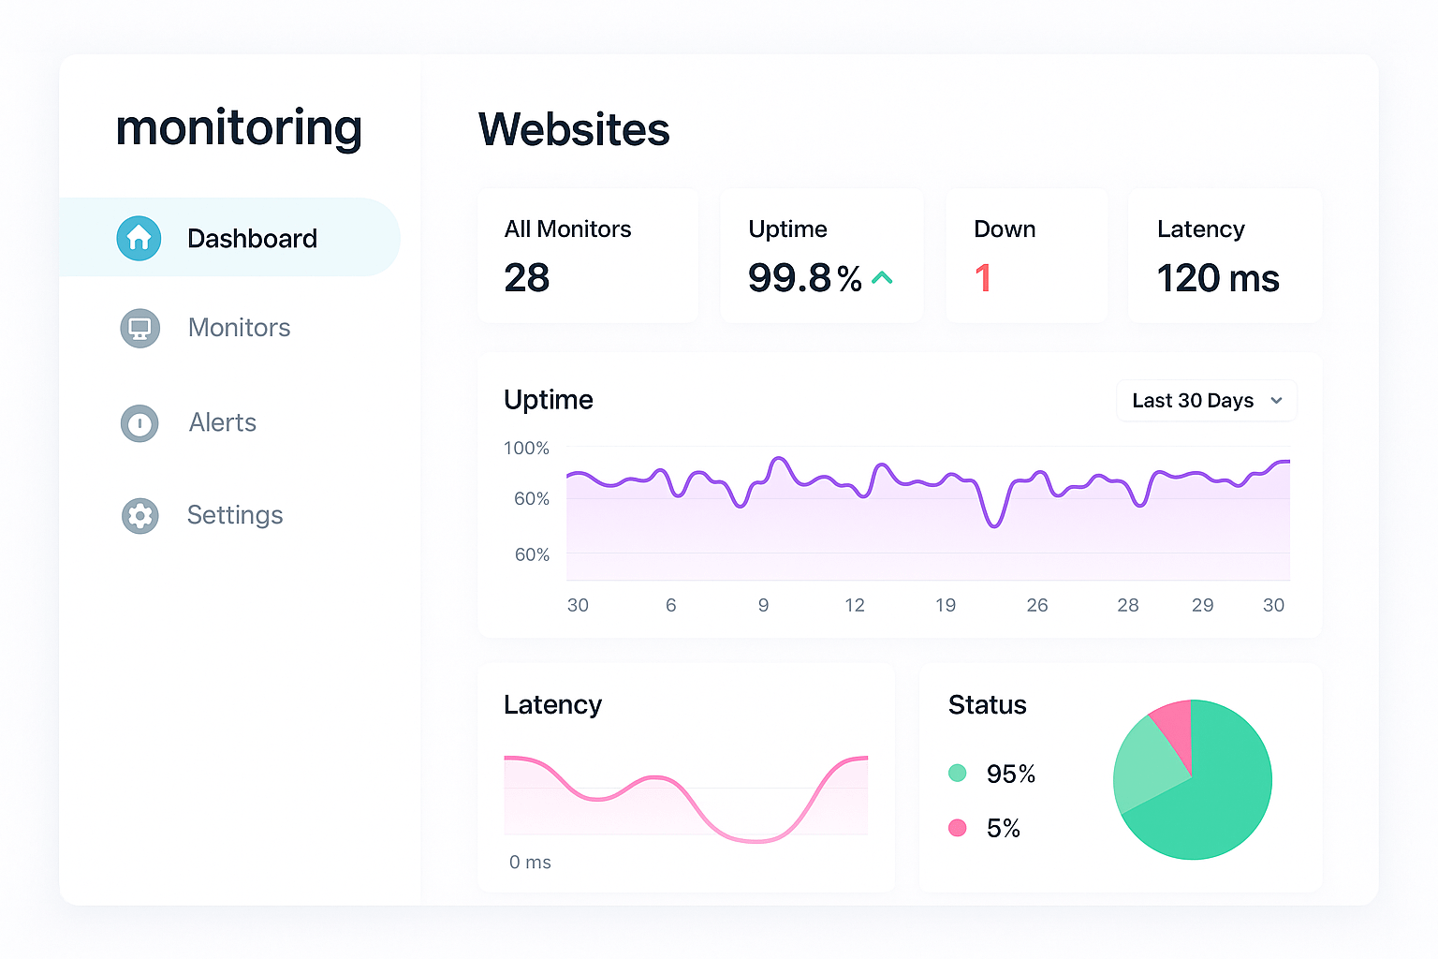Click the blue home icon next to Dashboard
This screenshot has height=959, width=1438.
click(139, 238)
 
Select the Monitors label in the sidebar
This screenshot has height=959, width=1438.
click(239, 328)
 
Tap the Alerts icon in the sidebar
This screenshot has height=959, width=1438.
click(139, 423)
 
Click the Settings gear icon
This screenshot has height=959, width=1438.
click(139, 515)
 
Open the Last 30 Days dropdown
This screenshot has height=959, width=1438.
click(1206, 401)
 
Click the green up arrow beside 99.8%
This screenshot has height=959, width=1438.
click(882, 278)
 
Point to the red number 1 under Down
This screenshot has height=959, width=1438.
click(982, 278)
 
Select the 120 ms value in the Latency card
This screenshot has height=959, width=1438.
click(1217, 278)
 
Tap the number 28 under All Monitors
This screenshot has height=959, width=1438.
click(526, 278)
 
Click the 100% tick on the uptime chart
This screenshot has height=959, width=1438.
click(526, 449)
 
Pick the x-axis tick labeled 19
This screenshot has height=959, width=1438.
click(946, 605)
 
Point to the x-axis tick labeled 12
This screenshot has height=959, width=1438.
click(854, 605)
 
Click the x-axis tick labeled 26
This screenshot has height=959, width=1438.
click(1036, 605)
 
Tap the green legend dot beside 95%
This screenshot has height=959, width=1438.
click(957, 773)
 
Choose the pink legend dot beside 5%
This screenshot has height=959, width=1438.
click(957, 828)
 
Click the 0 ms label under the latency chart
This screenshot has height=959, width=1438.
click(530, 863)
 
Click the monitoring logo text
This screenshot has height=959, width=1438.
click(239, 128)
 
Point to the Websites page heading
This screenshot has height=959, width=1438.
click(574, 129)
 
